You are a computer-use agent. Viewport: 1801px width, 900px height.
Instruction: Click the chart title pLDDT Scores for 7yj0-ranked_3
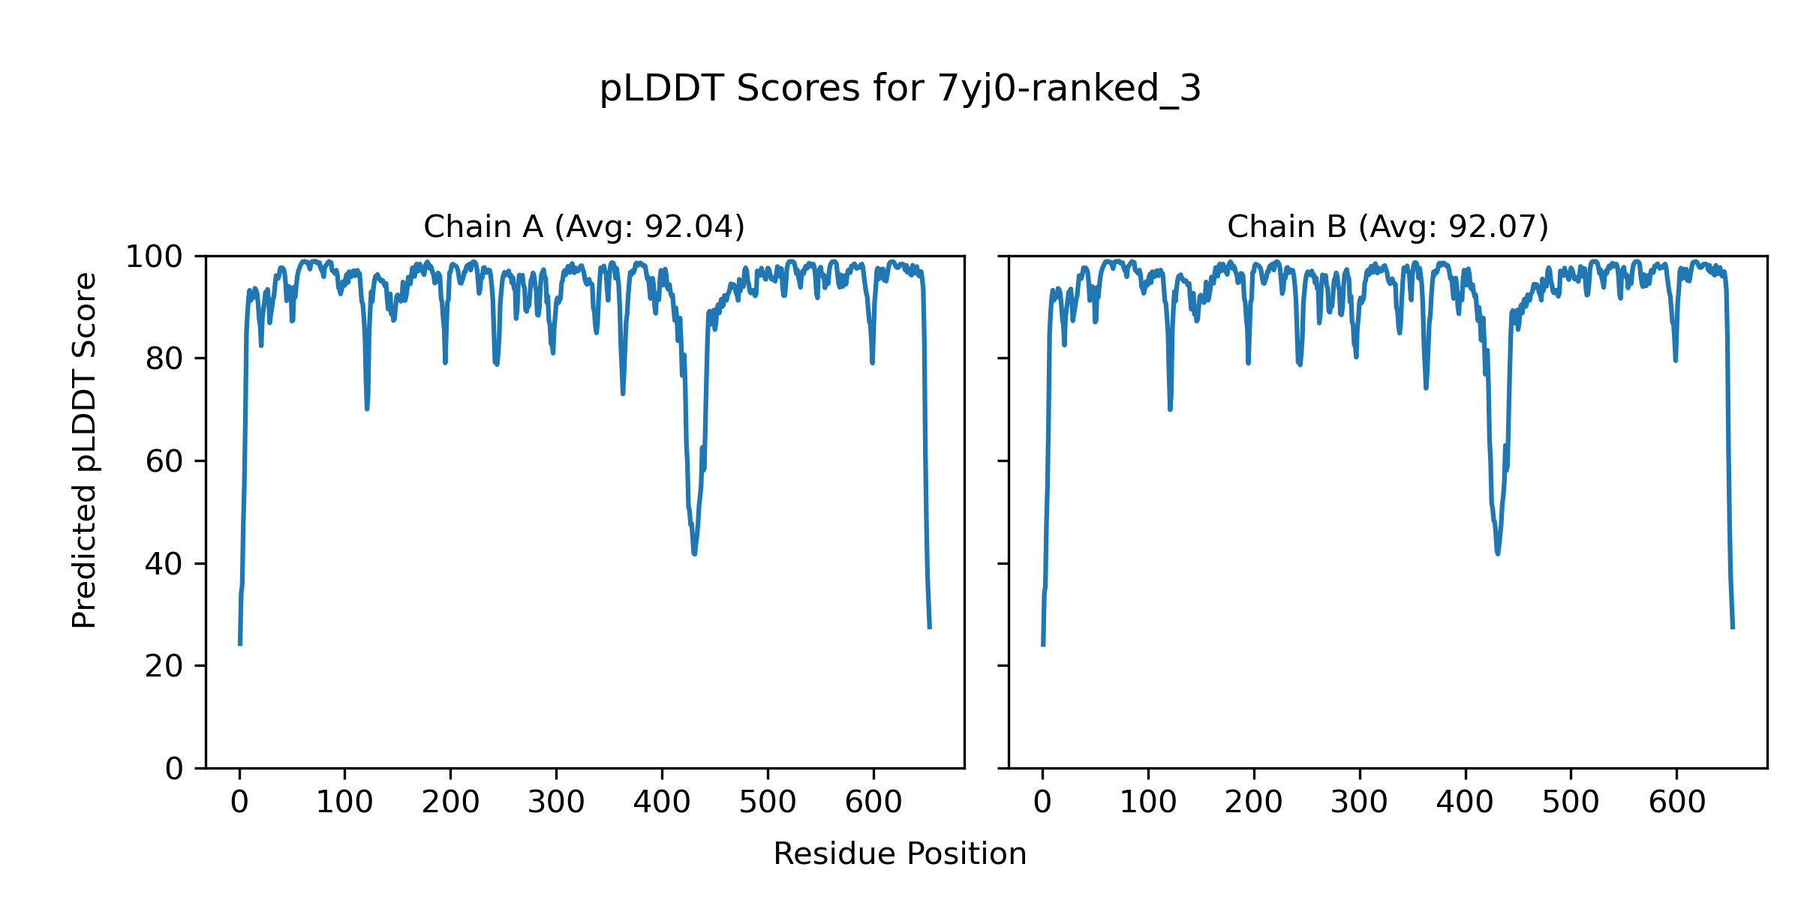(900, 89)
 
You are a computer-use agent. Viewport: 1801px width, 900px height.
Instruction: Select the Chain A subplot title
(584, 226)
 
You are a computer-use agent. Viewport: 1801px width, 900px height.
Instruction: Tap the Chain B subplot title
(1388, 226)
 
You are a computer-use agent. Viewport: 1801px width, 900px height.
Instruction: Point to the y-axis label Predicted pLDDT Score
(85, 450)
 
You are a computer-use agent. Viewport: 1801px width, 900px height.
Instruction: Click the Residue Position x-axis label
(900, 854)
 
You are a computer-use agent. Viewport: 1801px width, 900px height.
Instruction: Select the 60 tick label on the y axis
(164, 462)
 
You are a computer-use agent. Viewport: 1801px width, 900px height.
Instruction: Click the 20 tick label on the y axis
(164, 666)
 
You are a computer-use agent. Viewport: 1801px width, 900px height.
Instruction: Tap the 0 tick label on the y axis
(174, 769)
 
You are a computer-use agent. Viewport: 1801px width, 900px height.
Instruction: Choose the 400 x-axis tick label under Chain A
(662, 803)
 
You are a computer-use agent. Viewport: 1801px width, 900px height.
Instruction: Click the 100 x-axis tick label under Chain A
(344, 803)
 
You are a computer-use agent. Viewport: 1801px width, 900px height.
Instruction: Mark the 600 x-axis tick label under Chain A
(873, 803)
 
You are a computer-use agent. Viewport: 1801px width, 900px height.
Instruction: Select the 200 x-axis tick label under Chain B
(1253, 803)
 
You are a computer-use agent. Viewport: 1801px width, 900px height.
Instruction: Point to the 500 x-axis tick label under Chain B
(1571, 803)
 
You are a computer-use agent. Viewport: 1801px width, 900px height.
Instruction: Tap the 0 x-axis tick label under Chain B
(1042, 803)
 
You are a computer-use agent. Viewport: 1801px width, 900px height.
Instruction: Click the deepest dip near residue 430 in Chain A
(695, 553)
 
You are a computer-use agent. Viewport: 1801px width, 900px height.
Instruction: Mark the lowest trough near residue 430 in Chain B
(1498, 553)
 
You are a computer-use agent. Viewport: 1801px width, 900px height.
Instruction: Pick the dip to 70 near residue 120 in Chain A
(367, 409)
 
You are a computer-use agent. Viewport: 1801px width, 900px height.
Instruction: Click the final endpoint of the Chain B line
(1733, 628)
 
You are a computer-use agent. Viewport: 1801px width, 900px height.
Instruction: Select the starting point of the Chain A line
(240, 644)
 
